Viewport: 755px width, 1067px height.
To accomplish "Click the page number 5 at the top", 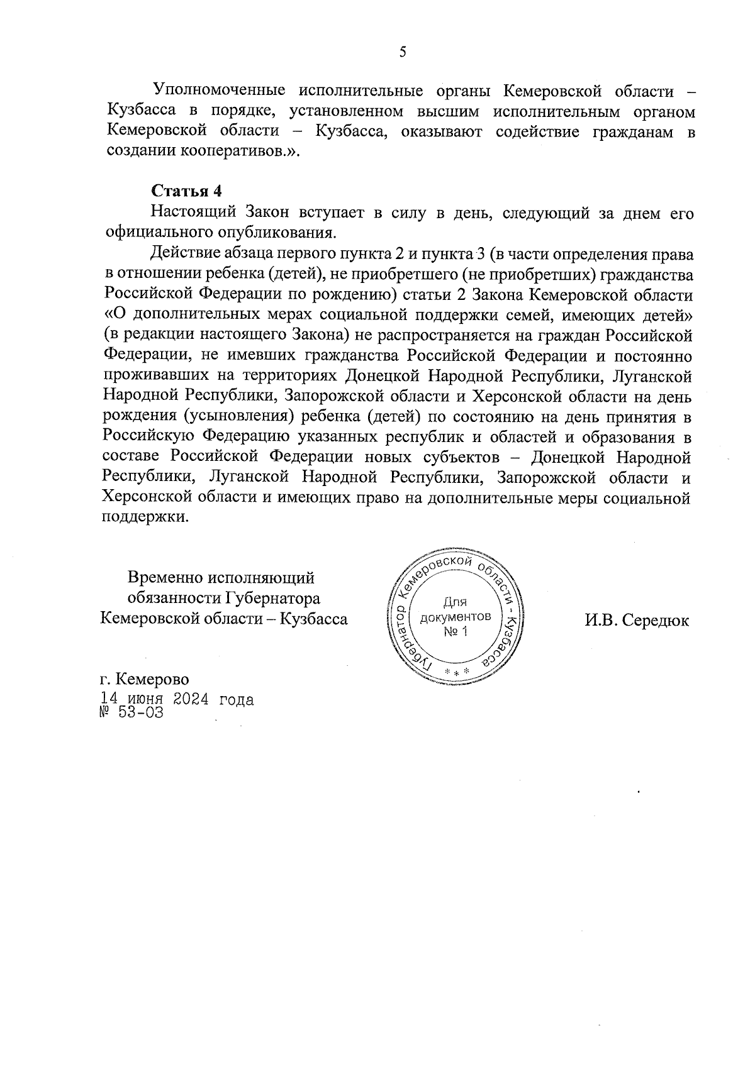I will point(402,52).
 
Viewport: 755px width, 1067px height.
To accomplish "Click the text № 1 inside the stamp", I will point(455,631).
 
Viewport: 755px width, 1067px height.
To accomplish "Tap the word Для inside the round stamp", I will point(454,602).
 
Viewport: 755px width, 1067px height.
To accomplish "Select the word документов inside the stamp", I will point(455,617).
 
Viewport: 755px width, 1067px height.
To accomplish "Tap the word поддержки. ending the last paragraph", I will point(145,519).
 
